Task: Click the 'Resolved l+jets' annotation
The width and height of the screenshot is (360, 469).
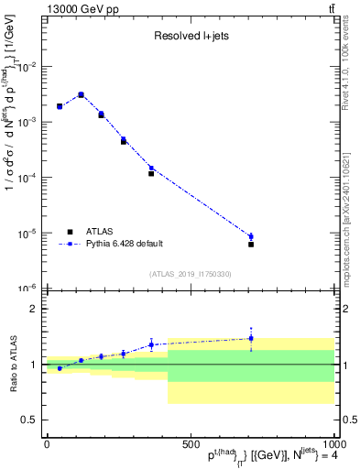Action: (x=191, y=37)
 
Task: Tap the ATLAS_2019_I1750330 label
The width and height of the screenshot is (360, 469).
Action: (x=191, y=273)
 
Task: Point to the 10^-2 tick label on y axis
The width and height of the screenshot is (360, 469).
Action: (x=27, y=67)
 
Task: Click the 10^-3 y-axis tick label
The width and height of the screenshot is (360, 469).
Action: (x=27, y=122)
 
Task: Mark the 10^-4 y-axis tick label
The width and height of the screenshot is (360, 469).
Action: (x=27, y=178)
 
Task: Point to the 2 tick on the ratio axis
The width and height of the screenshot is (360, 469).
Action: (x=32, y=309)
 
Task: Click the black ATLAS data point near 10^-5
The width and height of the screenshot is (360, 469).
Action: (x=251, y=245)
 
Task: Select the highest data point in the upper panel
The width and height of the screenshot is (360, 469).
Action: (x=81, y=94)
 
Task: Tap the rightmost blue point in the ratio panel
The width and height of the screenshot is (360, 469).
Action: (x=251, y=338)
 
